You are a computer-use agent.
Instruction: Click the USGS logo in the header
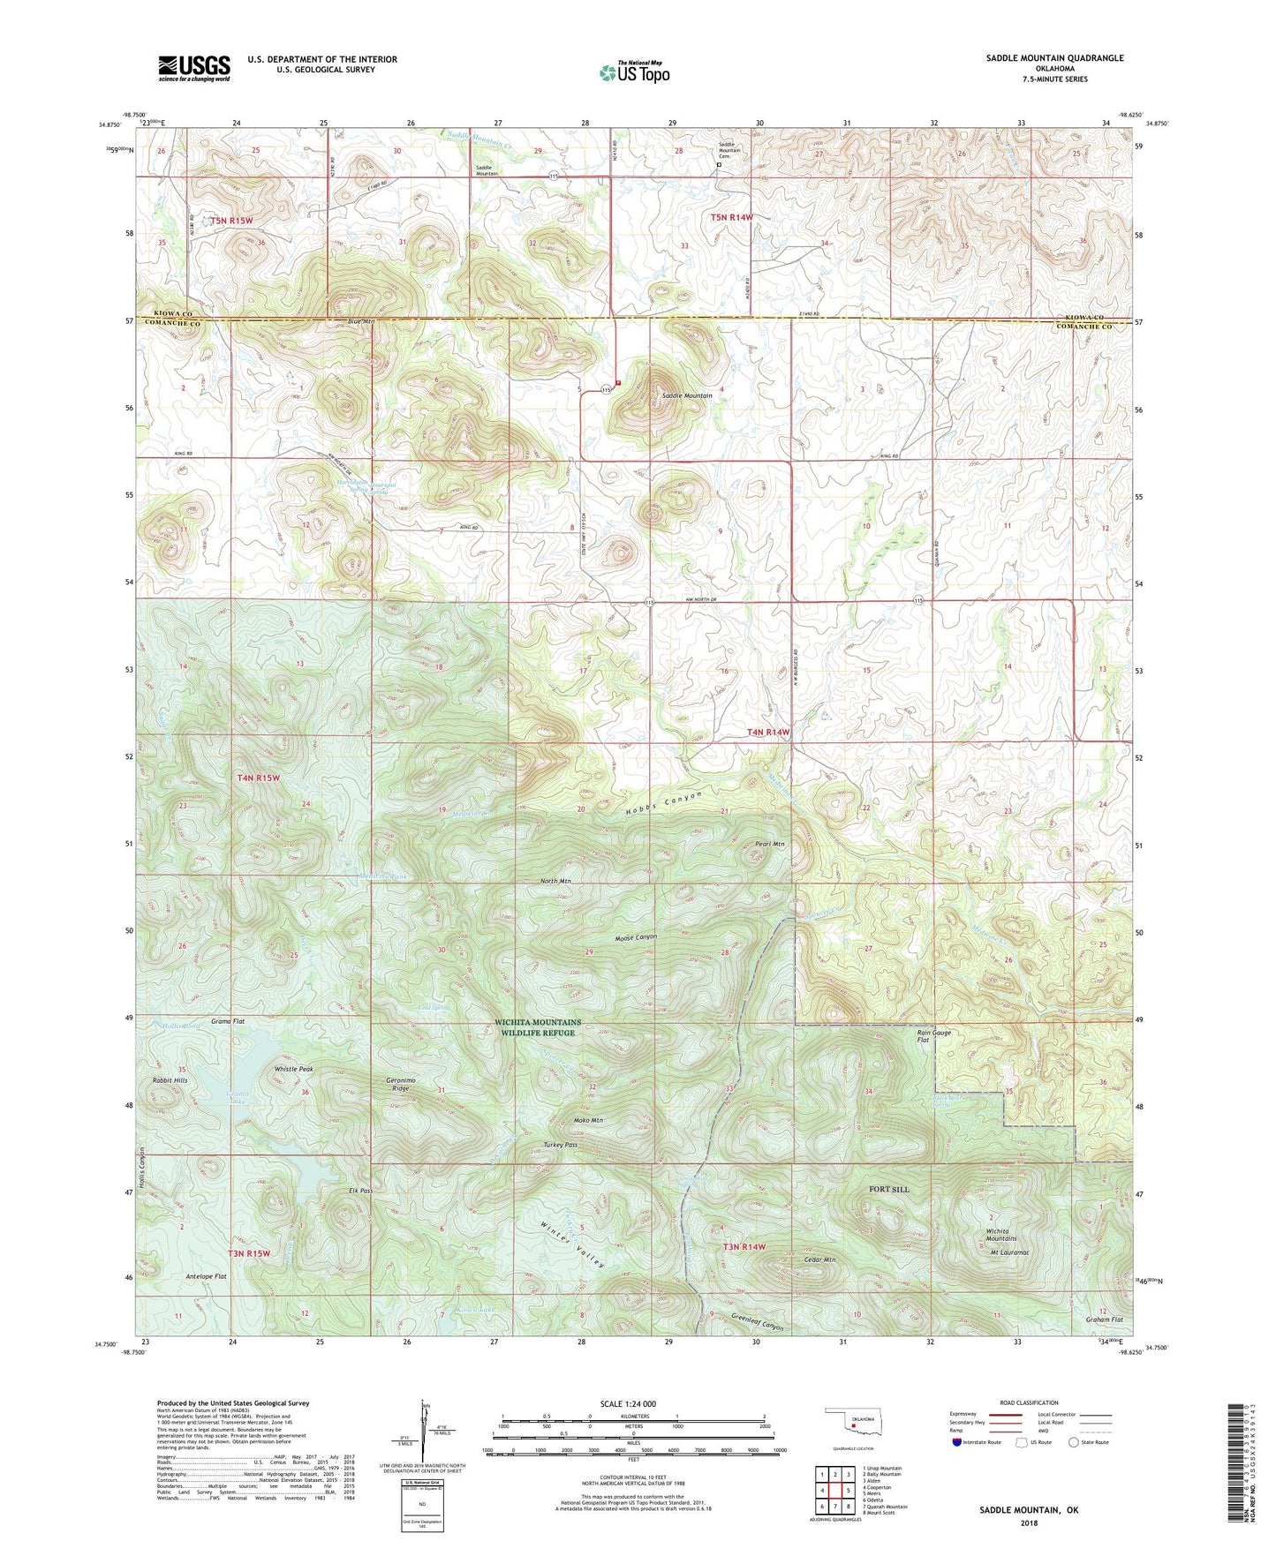point(193,67)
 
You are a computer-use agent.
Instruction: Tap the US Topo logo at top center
point(634,72)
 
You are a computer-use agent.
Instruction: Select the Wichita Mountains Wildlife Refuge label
point(538,1027)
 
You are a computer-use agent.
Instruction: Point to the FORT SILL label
point(888,1189)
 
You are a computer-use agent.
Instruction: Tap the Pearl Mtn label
point(769,844)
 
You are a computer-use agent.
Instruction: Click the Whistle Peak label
point(293,1069)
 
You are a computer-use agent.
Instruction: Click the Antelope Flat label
point(206,1276)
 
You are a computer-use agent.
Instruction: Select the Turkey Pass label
point(560,1145)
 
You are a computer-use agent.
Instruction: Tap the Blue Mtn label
point(360,322)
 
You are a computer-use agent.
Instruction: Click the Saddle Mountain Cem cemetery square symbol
point(719,164)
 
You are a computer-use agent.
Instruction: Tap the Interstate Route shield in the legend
point(958,1443)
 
